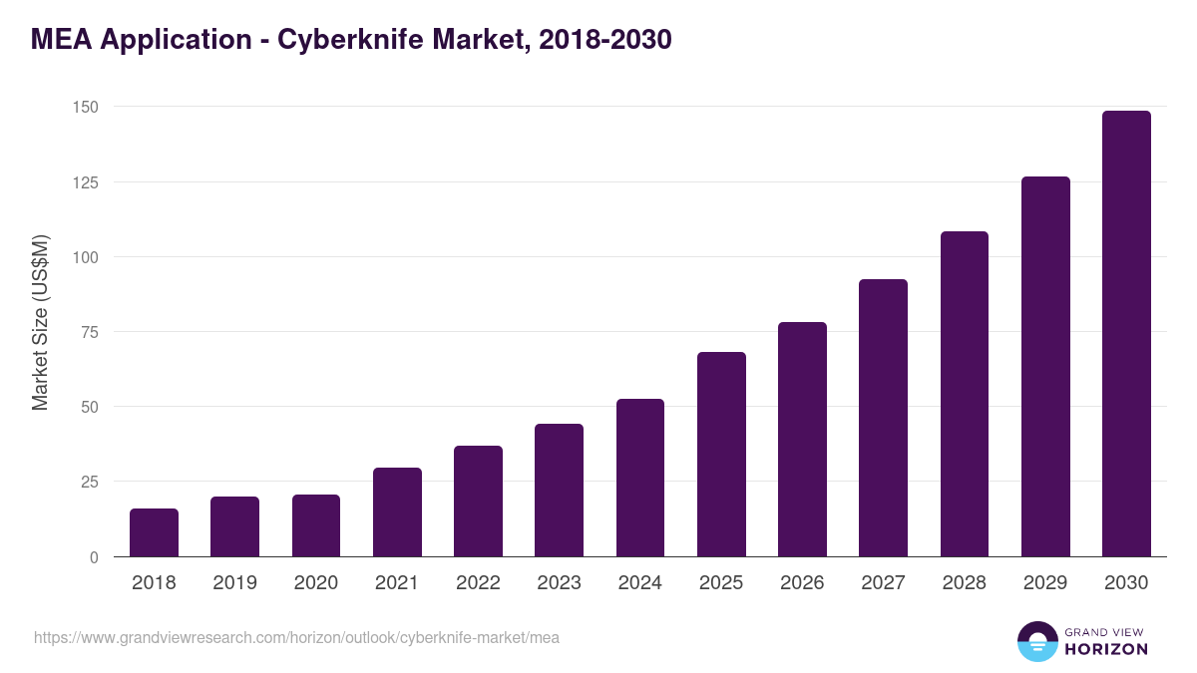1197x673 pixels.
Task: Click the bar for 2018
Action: pos(154,532)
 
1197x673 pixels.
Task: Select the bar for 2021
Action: pos(397,511)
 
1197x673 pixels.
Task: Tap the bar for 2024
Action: pos(640,478)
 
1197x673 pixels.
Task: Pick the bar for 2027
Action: pos(883,418)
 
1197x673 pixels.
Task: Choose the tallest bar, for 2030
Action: pos(1126,334)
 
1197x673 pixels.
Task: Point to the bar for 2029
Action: pos(1045,366)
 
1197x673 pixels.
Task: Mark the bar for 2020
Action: pos(316,525)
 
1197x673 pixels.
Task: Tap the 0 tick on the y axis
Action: pos(94,557)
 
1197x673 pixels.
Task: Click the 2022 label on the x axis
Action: pos(478,583)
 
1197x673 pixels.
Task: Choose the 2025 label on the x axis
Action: pos(721,583)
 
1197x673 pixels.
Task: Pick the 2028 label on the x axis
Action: pos(964,583)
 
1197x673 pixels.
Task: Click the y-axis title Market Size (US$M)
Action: pos(40,322)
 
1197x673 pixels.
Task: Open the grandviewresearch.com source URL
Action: pos(296,637)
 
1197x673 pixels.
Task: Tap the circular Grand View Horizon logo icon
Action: pos(1037,641)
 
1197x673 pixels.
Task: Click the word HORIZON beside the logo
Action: pos(1106,649)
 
